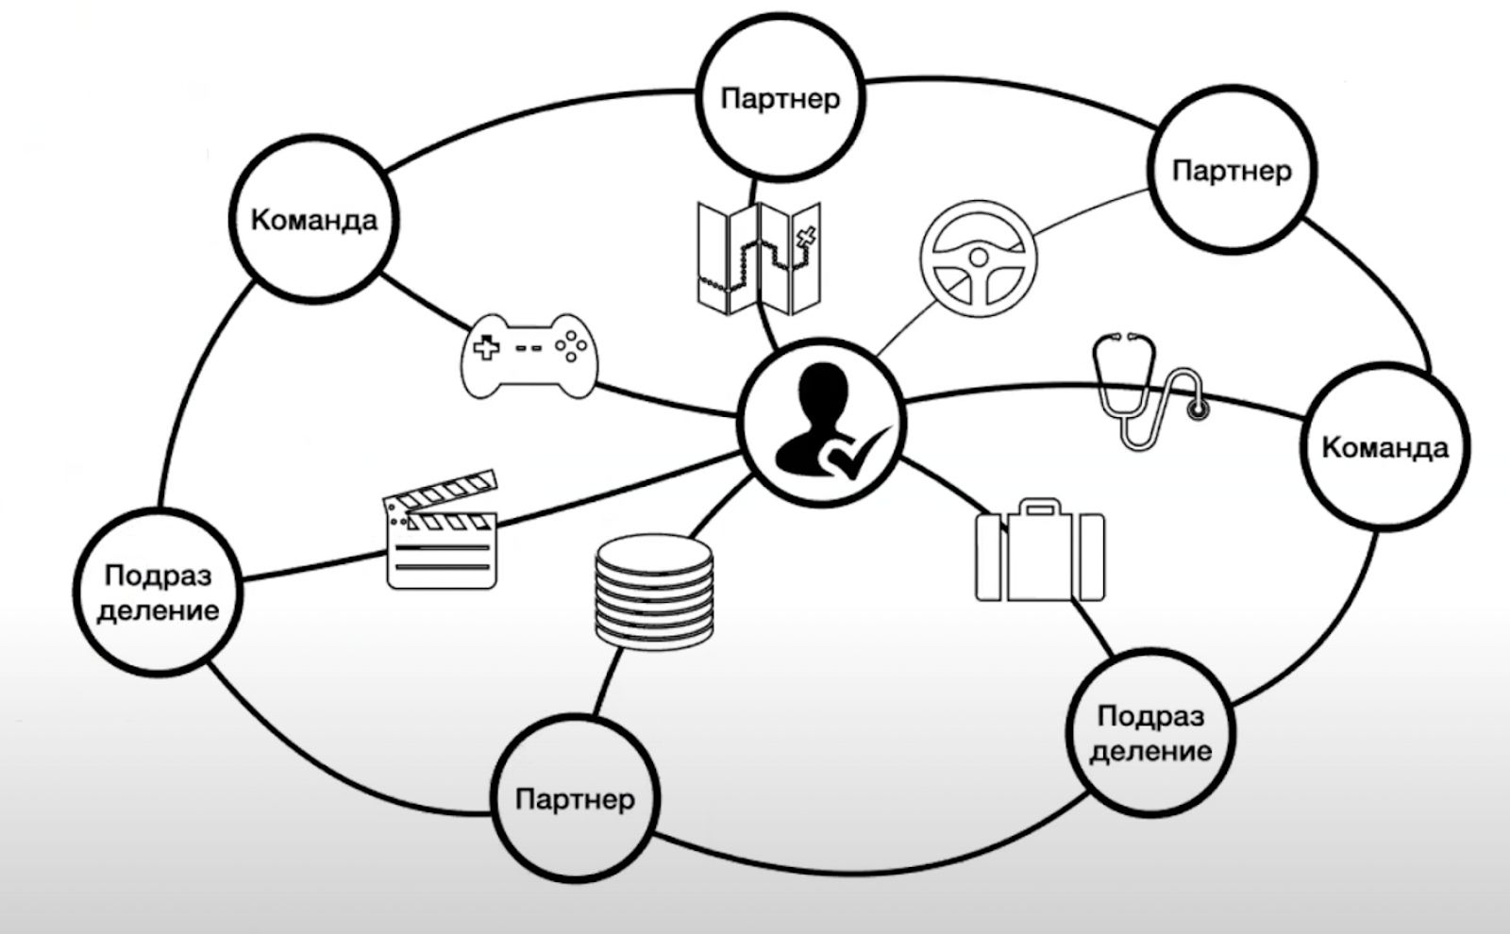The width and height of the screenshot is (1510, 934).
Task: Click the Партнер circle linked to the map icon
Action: (x=780, y=98)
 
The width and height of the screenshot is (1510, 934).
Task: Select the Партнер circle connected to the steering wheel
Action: (x=1231, y=171)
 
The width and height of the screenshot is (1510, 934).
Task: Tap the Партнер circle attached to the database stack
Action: (x=575, y=800)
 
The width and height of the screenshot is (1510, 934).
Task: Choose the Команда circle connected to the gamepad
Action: (x=314, y=221)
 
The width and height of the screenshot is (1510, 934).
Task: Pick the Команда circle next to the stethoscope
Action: (x=1384, y=446)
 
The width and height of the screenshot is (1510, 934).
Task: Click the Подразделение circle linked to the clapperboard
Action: (x=158, y=592)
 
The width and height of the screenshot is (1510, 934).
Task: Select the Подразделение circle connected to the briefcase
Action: (x=1150, y=733)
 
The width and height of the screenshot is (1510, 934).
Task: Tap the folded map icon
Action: (x=759, y=257)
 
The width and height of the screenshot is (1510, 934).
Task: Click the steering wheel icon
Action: (x=978, y=258)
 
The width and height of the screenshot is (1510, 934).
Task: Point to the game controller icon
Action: (x=528, y=354)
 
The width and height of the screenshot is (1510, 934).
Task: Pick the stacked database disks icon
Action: (x=654, y=592)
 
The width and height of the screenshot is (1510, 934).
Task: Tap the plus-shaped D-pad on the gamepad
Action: (x=487, y=347)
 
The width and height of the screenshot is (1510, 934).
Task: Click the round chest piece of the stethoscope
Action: (x=1198, y=409)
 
